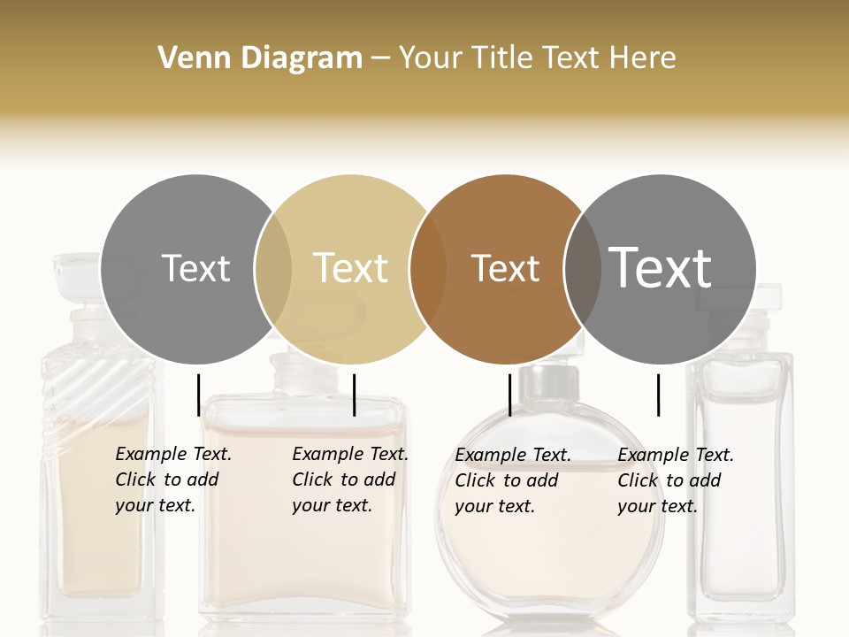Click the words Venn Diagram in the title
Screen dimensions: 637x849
coord(260,58)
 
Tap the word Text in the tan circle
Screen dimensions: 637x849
coord(350,268)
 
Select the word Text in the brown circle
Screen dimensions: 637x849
coord(505,268)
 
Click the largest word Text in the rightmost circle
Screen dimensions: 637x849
coord(661,267)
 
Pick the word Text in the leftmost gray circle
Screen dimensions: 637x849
coord(195,268)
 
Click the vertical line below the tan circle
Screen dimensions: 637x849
coord(354,395)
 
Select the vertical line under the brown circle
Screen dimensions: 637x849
coord(509,395)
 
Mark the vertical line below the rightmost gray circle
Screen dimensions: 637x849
coord(658,395)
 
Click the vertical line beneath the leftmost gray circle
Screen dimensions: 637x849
coord(198,395)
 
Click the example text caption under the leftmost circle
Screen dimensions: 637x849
coord(172,480)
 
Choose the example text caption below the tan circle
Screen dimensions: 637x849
coord(349,480)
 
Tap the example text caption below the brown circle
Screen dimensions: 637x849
coord(512,480)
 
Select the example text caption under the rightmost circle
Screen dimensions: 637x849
coord(675,480)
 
